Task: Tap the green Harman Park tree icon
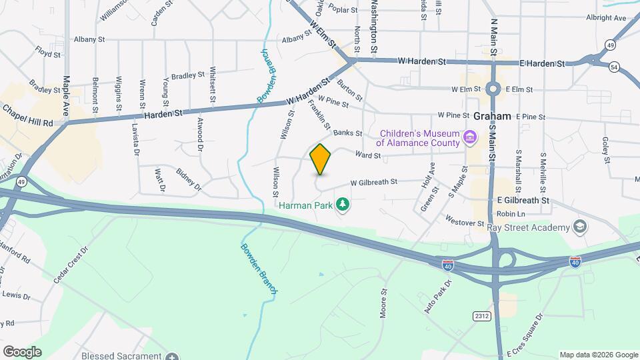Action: coord(343,204)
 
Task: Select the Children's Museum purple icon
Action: coord(471,138)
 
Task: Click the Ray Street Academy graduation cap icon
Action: coord(579,227)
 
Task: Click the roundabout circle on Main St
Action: coord(493,89)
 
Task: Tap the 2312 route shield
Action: coord(483,315)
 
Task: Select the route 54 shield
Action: coord(613,67)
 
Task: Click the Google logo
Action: coord(22,351)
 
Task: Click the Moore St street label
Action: coord(384,304)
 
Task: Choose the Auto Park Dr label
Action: coord(438,297)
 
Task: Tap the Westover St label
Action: coord(464,222)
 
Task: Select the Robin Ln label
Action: coord(511,214)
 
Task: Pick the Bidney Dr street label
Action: coord(189,179)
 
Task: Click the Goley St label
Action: coord(606,150)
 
